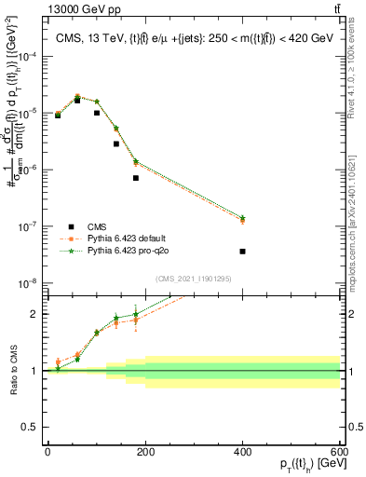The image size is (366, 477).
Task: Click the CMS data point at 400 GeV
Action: [242, 252]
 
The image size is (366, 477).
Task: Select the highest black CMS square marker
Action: [77, 100]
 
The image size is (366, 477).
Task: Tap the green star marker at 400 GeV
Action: [242, 218]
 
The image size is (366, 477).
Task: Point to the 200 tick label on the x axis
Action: [144, 451]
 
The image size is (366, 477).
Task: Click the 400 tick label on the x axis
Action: [242, 451]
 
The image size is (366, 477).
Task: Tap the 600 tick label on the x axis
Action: [339, 451]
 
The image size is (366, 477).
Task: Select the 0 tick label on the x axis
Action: [47, 451]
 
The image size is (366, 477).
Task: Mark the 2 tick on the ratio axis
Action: [34, 314]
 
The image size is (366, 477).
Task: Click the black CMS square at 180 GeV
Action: [135, 178]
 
